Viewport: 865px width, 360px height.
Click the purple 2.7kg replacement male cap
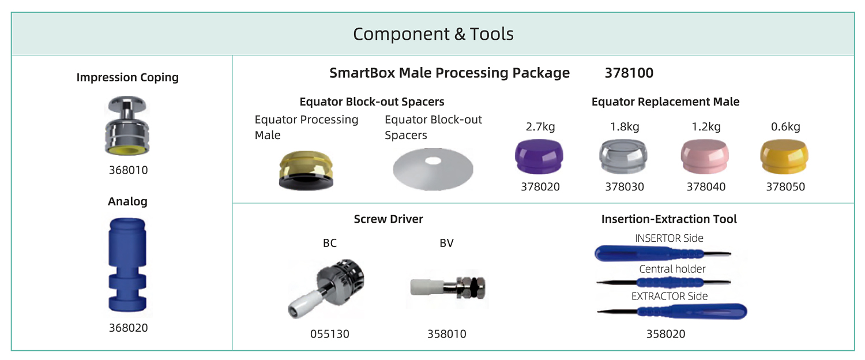coord(539,157)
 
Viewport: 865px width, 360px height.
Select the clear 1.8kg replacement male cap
coord(623,157)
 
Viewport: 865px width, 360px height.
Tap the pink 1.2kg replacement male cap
coord(705,157)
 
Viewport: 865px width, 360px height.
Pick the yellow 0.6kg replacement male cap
coord(784,157)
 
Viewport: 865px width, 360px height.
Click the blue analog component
coord(127,265)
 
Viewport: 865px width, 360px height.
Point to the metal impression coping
coord(127,126)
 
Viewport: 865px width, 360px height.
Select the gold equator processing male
coord(306,170)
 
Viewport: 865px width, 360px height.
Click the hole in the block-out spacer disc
coord(433,161)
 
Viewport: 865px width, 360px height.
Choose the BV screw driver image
coord(447,288)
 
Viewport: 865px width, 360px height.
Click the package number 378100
coord(629,73)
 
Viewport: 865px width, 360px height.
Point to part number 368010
coord(128,170)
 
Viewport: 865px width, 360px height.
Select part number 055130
coord(330,333)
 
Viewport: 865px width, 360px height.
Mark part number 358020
coord(665,333)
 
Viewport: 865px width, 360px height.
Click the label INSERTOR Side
coord(669,238)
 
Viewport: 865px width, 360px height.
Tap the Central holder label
coord(672,269)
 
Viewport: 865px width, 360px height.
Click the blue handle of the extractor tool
coord(692,312)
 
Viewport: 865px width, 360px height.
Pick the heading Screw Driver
coord(389,219)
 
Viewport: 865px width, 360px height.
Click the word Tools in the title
coord(491,34)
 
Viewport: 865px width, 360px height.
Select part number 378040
coord(706,186)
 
